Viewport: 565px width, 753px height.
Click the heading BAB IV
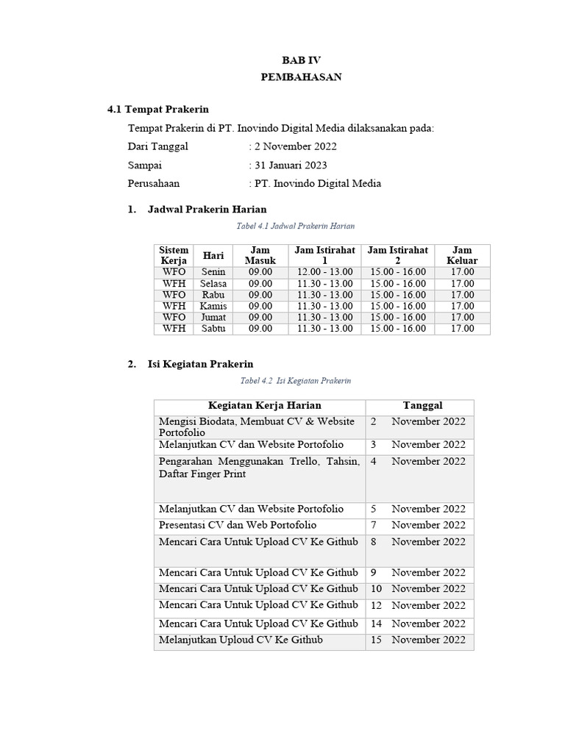click(x=302, y=60)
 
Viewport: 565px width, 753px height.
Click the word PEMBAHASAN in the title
click(x=302, y=77)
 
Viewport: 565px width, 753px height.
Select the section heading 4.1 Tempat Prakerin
click(x=158, y=110)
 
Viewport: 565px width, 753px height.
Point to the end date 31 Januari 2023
click(x=291, y=165)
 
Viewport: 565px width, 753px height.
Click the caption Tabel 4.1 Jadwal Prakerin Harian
click(x=295, y=226)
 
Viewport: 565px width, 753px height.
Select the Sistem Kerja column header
click(x=174, y=255)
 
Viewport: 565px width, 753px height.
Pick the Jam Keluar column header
click(x=462, y=255)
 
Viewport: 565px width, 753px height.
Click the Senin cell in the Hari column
click(x=213, y=272)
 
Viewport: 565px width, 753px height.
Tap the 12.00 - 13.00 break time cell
click(x=324, y=272)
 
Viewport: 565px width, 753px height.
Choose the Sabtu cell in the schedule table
click(x=213, y=329)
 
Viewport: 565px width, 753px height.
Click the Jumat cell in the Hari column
click(x=213, y=317)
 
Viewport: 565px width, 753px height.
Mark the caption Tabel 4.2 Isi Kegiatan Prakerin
click(x=296, y=381)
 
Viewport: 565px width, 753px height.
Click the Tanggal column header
click(x=422, y=405)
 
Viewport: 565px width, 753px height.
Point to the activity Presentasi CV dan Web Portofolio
click(x=238, y=525)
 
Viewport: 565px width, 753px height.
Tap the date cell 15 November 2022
click(x=419, y=640)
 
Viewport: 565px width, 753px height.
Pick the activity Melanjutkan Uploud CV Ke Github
click(x=241, y=640)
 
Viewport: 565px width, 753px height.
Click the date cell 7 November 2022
click(x=419, y=525)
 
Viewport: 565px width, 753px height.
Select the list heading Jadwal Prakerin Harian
click(x=207, y=210)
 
